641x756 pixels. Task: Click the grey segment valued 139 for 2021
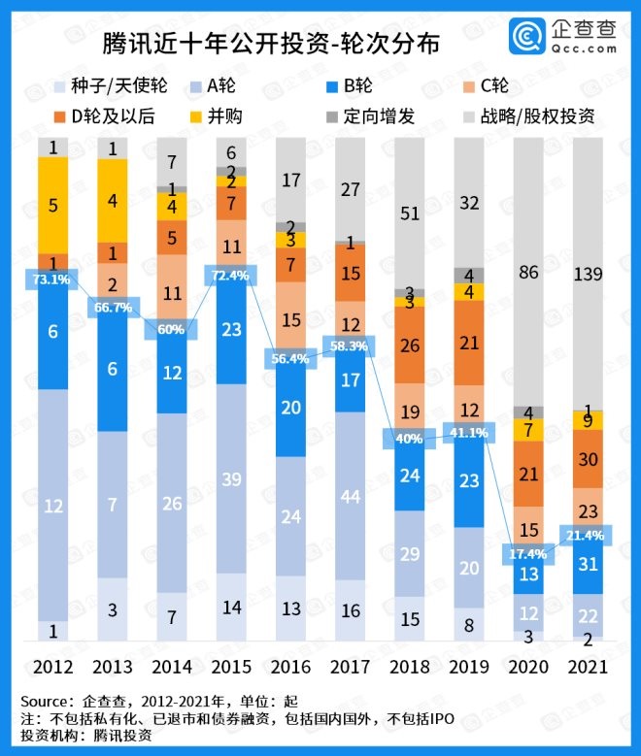pyautogui.click(x=589, y=274)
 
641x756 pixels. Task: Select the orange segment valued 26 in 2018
pyautogui.click(x=411, y=345)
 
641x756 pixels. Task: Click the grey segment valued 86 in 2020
pyautogui.click(x=529, y=273)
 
